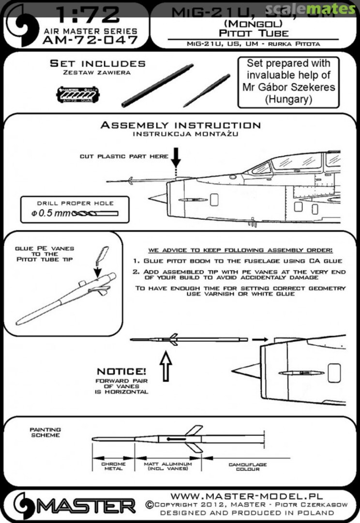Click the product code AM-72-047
90,40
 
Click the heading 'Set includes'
97,63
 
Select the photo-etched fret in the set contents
78,93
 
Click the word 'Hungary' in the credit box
288,99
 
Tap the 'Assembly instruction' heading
180,125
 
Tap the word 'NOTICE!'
121,371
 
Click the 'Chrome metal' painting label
113,467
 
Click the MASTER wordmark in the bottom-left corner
87,507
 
